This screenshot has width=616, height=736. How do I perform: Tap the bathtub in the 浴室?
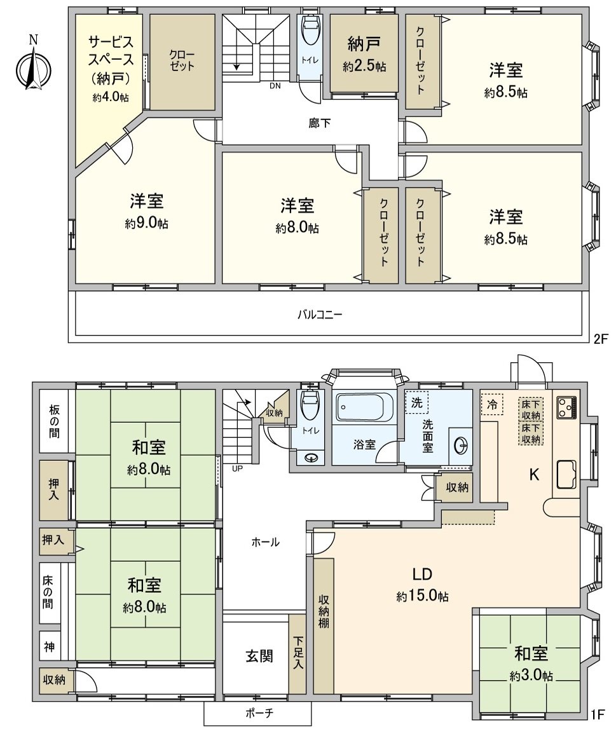click(362, 406)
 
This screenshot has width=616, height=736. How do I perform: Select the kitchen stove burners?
click(566, 407)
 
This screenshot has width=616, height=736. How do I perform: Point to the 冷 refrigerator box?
click(491, 404)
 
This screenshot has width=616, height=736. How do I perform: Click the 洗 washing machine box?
click(416, 402)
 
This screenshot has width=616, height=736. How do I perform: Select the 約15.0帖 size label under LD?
click(422, 597)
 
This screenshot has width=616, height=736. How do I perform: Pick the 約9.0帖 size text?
click(147, 224)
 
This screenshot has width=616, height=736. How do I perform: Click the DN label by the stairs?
click(275, 86)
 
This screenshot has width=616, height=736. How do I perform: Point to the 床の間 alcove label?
click(48, 592)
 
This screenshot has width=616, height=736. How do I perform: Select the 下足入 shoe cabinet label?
click(298, 654)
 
